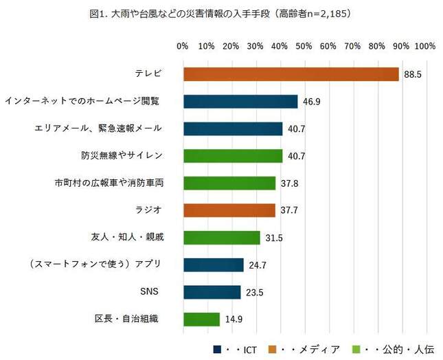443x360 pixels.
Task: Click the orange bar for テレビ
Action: click(x=291, y=74)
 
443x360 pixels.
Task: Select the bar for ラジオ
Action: click(x=229, y=210)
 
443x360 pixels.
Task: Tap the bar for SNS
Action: click(x=212, y=292)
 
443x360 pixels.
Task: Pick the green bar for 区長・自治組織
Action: click(x=201, y=319)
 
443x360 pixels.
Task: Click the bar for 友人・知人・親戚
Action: click(x=221, y=238)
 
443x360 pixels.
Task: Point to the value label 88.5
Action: click(x=412, y=74)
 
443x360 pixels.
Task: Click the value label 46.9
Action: click(x=311, y=102)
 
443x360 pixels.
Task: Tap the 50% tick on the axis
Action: click(x=304, y=46)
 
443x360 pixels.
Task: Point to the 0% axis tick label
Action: click(x=183, y=46)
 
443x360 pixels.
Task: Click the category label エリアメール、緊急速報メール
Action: click(x=98, y=128)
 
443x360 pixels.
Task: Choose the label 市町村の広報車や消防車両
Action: click(x=109, y=183)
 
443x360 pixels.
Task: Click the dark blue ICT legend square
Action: click(x=218, y=348)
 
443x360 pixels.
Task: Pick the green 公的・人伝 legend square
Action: click(x=355, y=348)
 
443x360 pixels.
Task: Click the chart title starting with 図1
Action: click(x=220, y=13)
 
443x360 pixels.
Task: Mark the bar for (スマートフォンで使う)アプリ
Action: click(x=213, y=265)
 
